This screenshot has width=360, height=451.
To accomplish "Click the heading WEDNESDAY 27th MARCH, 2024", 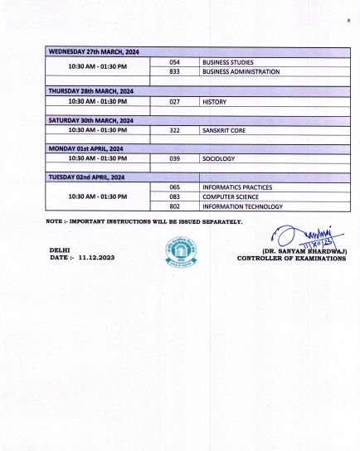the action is coord(94,52).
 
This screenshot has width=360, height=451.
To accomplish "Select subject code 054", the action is coord(175,62).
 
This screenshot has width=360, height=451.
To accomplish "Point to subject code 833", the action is coord(175,72).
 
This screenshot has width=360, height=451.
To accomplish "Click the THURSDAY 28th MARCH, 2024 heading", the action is coord(91,91).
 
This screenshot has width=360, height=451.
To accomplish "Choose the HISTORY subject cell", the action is coord(215,101).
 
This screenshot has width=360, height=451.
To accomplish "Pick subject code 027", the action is coord(175,101).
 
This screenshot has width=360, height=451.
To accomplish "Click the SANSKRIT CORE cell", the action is coord(224,130).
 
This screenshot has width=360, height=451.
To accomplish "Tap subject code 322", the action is coord(175,130).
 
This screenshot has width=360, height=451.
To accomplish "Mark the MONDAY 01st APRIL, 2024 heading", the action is coord(87,148).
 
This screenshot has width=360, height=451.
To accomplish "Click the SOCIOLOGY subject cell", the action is coord(219,158).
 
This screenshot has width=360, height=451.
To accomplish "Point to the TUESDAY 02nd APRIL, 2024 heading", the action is coord(87,177).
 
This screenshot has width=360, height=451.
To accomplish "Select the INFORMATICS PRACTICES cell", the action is coord(237,187).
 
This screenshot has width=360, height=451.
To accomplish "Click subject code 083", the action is coord(175,196).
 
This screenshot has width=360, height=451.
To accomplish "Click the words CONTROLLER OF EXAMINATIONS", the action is coord(291,259).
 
